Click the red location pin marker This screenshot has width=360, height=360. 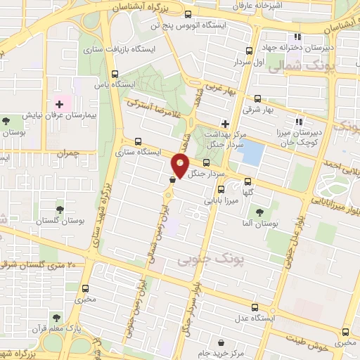[180, 165]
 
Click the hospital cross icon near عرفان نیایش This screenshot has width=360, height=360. [59, 104]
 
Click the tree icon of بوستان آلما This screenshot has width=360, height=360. [261, 211]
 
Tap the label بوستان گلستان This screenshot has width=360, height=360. [58, 220]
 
